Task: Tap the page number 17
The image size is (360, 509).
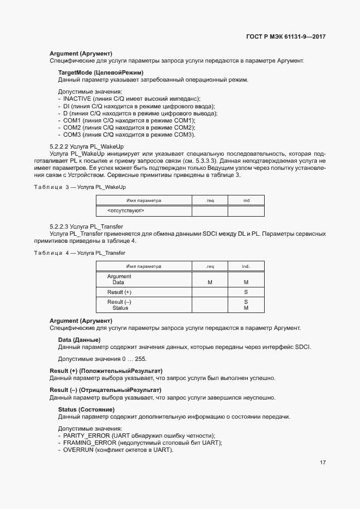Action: tap(322, 463)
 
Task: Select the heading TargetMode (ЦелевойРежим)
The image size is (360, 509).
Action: tap(100, 72)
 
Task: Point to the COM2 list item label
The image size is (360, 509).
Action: tap(72, 127)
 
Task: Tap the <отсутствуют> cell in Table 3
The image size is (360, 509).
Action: tap(126, 210)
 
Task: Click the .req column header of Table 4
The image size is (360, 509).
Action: tap(210, 266)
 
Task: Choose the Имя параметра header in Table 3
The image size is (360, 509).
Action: tap(144, 200)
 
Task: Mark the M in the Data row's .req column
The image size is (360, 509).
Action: tap(210, 283)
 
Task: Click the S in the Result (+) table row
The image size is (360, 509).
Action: tap(246, 292)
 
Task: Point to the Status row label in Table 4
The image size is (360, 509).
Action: tap(120, 308)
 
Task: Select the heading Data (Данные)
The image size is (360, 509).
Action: tap(79, 340)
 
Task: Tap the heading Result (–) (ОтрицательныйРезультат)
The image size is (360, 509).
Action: tap(106, 390)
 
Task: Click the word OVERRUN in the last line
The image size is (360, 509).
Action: tap(78, 450)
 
